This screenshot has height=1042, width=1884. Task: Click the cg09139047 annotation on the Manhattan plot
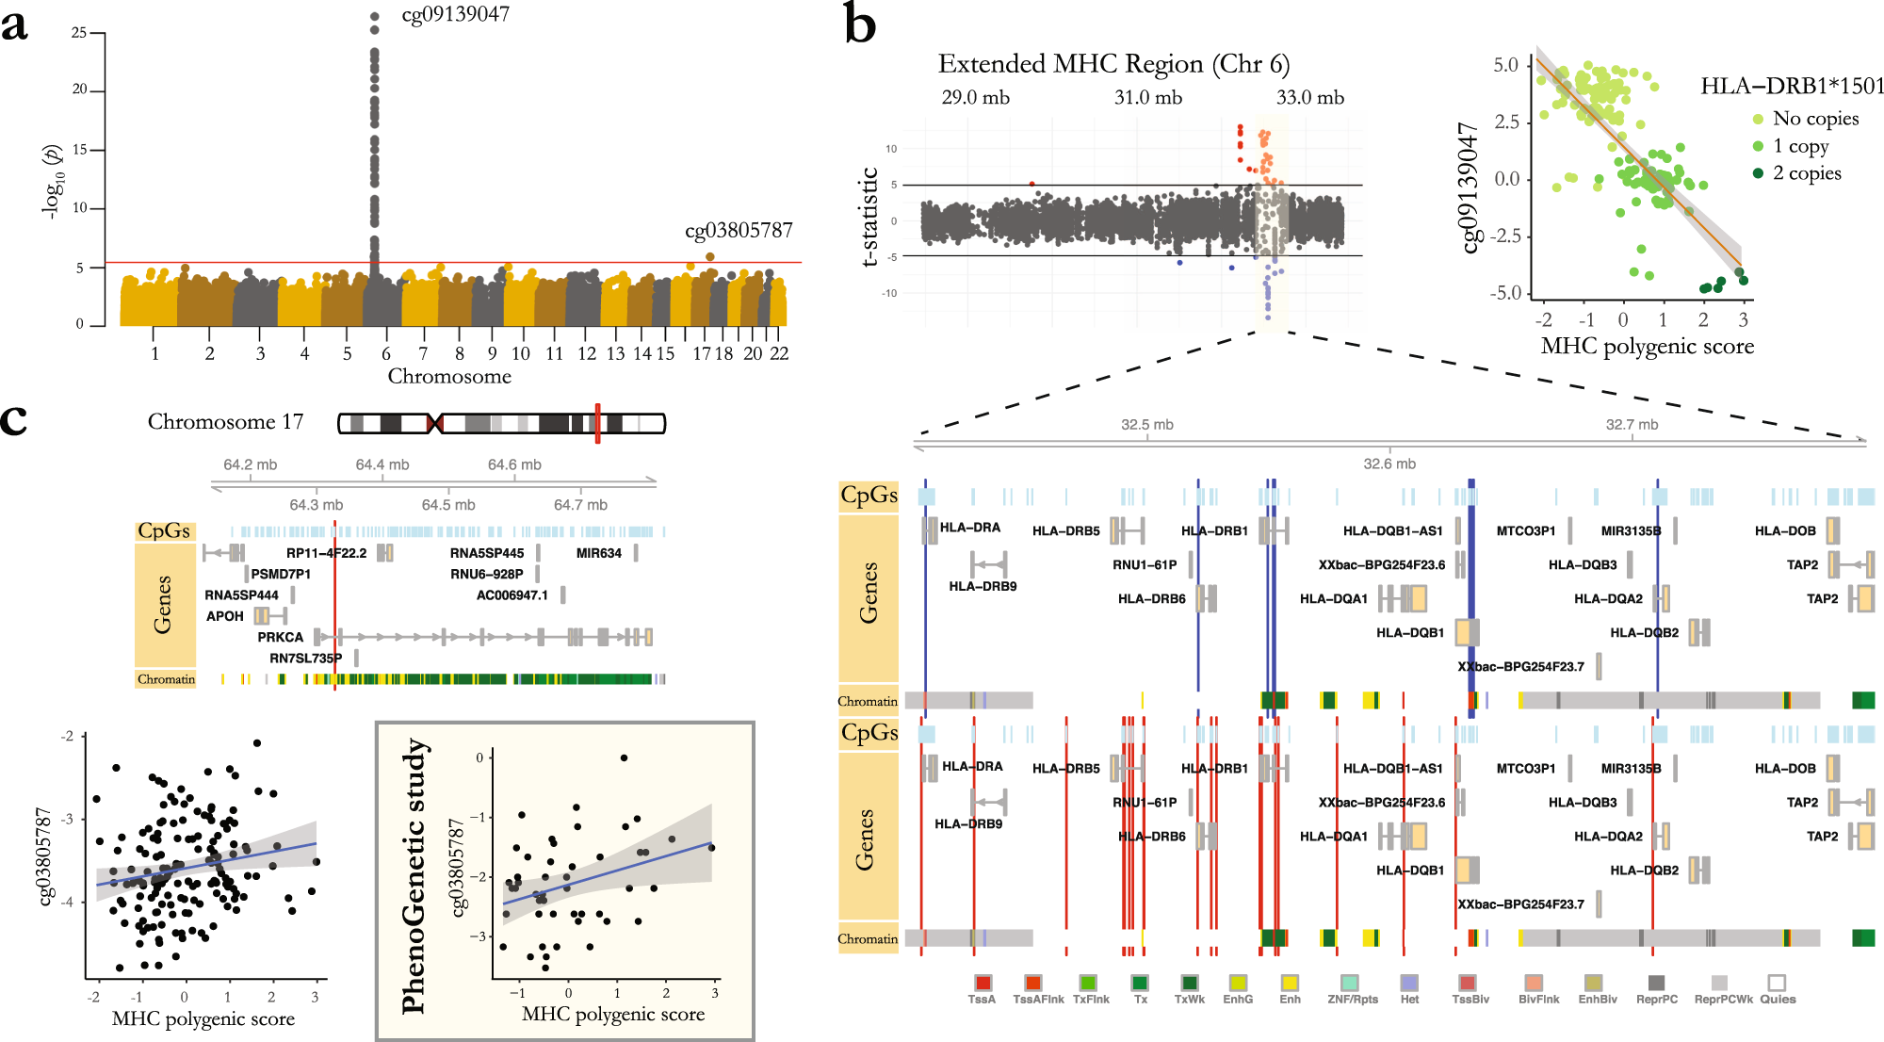tap(455, 15)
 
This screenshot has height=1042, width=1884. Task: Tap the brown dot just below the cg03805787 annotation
tap(709, 256)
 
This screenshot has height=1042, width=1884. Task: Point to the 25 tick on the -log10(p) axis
tap(79, 33)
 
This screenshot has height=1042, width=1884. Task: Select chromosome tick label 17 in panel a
tap(702, 353)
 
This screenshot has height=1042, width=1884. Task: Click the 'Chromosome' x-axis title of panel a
tap(449, 376)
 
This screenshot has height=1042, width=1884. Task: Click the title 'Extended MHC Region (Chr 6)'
tap(1113, 64)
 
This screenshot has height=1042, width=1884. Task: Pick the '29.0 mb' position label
tap(975, 98)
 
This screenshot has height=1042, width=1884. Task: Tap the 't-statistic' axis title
tap(869, 217)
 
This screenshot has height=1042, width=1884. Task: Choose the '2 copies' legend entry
tap(1806, 173)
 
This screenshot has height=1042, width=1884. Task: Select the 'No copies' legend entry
tap(1814, 119)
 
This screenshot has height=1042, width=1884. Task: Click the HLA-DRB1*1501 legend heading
tap(1791, 87)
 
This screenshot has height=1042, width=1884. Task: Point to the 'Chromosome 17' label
tap(225, 422)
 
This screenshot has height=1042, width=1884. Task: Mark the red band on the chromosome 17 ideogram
tap(597, 423)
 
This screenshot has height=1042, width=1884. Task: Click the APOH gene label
tap(225, 616)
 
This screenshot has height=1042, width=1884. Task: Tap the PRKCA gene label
tap(281, 637)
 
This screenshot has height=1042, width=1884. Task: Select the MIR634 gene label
tap(599, 553)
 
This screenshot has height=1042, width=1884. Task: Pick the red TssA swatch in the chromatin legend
tap(983, 983)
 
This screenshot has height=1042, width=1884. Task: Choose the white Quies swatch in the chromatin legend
tap(1777, 983)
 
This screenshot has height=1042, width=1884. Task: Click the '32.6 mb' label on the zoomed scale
tap(1389, 464)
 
